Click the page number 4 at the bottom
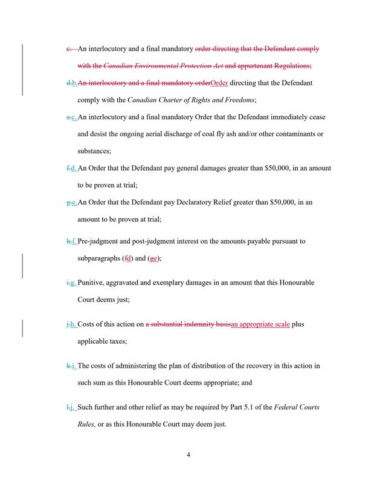(x=188, y=456)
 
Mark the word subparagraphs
(x=99, y=258)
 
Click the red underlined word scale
(x=279, y=324)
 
